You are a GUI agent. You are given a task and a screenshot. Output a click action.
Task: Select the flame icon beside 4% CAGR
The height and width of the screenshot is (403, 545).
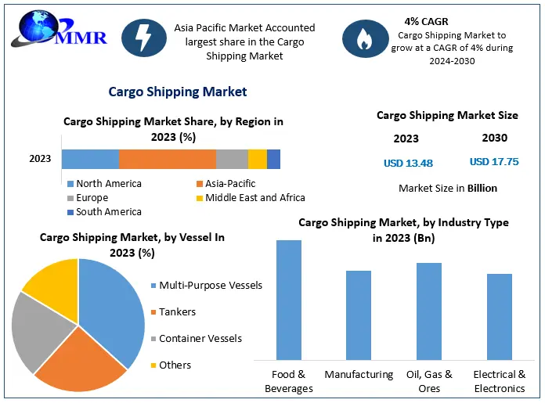click(x=364, y=39)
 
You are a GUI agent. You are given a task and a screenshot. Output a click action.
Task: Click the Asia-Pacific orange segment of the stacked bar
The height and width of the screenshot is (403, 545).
click(x=168, y=159)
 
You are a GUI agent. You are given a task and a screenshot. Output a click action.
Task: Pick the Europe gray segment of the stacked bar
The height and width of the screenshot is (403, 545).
click(x=232, y=159)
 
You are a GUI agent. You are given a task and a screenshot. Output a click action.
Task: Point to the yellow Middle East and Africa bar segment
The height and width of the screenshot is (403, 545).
click(x=258, y=159)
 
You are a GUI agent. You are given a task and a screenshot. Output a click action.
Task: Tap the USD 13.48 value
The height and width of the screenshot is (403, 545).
click(x=408, y=164)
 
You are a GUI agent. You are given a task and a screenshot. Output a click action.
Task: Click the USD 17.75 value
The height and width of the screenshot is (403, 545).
click(x=494, y=162)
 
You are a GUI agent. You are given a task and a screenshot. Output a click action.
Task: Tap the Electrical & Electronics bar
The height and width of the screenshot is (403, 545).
click(x=499, y=317)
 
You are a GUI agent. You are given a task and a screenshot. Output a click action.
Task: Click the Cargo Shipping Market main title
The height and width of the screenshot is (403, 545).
click(x=177, y=92)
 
